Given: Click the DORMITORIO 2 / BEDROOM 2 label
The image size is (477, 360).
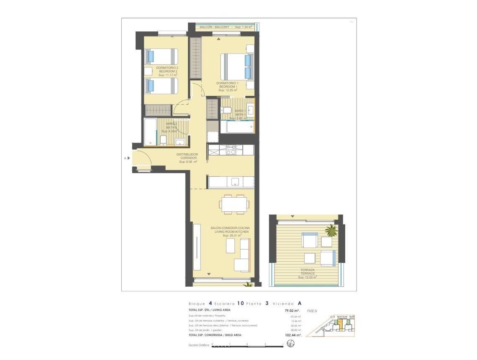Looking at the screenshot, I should click(x=167, y=71).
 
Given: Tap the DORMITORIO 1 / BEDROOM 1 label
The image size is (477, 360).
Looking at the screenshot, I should click(x=227, y=86).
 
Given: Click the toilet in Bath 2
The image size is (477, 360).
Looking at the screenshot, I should click(x=163, y=140).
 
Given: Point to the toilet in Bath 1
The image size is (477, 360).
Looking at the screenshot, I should click(x=226, y=110).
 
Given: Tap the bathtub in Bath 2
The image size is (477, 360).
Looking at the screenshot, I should click(x=150, y=131).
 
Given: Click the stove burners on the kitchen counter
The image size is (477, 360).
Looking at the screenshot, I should click(x=231, y=150).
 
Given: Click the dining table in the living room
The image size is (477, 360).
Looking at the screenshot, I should click(x=234, y=204).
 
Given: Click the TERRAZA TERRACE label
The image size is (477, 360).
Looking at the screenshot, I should click(x=307, y=273).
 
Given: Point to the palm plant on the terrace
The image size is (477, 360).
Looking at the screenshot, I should click(x=331, y=230).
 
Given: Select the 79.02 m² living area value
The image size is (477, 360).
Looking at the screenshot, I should click(x=291, y=311).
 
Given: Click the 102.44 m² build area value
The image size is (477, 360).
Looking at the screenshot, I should click(x=292, y=335).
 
